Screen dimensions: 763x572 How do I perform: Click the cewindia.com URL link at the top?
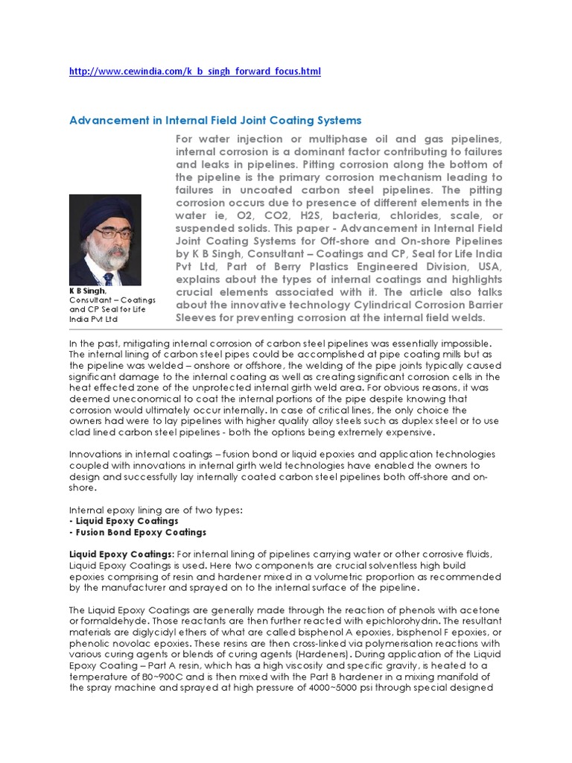click(194, 71)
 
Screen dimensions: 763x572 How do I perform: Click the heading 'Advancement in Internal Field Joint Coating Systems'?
click(215, 119)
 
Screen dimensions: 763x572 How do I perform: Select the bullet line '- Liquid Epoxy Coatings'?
click(123, 521)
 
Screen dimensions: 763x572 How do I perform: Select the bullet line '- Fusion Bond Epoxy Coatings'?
click(137, 533)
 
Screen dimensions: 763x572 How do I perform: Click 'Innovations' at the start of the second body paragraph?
click(96, 455)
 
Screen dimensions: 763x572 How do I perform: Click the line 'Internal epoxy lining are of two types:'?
click(156, 510)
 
